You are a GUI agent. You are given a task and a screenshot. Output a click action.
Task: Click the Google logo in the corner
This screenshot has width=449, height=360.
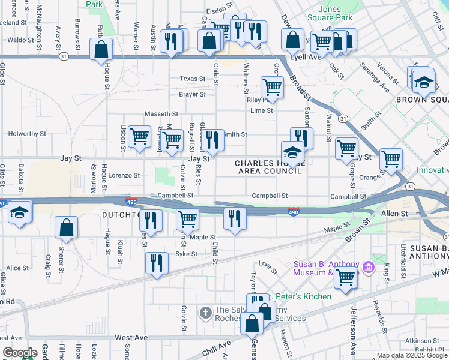point(20,353)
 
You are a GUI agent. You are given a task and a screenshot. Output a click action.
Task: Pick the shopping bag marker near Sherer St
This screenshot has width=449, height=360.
point(66,228)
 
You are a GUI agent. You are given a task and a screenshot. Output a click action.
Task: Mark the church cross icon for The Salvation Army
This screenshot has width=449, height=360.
point(205,313)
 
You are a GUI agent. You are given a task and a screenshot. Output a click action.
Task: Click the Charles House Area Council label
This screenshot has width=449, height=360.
point(267,167)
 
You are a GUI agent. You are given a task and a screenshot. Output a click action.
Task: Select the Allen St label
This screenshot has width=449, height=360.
point(394,213)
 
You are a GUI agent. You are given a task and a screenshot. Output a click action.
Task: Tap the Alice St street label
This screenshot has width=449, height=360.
point(17,268)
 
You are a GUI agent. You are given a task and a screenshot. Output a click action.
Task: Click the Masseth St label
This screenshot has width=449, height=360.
point(161,114)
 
